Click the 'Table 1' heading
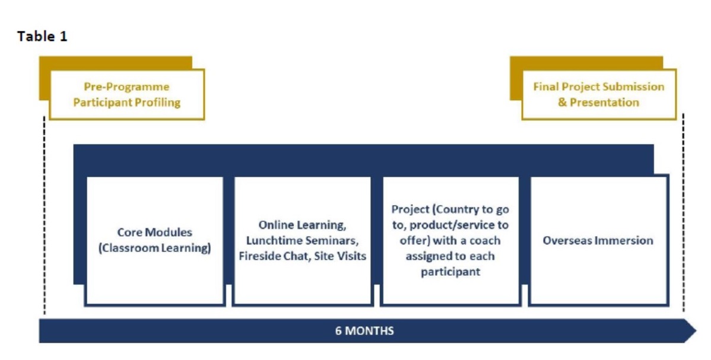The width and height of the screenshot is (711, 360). [x=42, y=36]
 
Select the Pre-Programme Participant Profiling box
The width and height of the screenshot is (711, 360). [x=127, y=94]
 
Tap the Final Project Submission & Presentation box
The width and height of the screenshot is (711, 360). [x=599, y=94]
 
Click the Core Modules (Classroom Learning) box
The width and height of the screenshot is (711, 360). [x=155, y=241]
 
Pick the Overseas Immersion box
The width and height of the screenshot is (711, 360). [x=598, y=241]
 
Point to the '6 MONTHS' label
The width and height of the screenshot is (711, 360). [x=364, y=331]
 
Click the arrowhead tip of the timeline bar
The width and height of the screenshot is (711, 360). [x=696, y=330]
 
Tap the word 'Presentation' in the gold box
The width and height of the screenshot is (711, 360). [x=604, y=103]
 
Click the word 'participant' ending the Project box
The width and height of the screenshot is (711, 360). [x=450, y=272]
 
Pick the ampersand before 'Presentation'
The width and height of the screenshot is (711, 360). [x=562, y=103]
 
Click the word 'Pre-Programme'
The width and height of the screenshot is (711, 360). [x=126, y=87]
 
